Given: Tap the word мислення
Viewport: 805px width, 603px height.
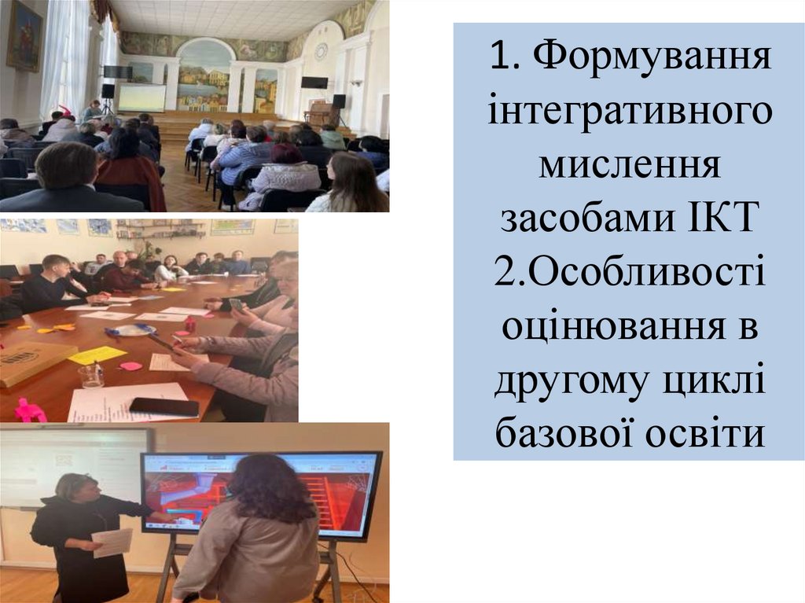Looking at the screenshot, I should [x=628, y=167].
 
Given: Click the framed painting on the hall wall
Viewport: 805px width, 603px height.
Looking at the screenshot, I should [x=24, y=35].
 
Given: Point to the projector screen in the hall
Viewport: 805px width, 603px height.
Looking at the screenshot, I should [x=142, y=97].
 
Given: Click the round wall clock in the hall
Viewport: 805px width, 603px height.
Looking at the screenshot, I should [x=321, y=51].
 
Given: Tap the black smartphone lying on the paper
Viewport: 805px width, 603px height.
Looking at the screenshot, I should [x=164, y=406].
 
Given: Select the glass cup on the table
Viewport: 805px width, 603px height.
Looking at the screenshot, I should [x=91, y=375].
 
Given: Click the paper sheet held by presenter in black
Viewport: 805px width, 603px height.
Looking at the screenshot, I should [x=112, y=542].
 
